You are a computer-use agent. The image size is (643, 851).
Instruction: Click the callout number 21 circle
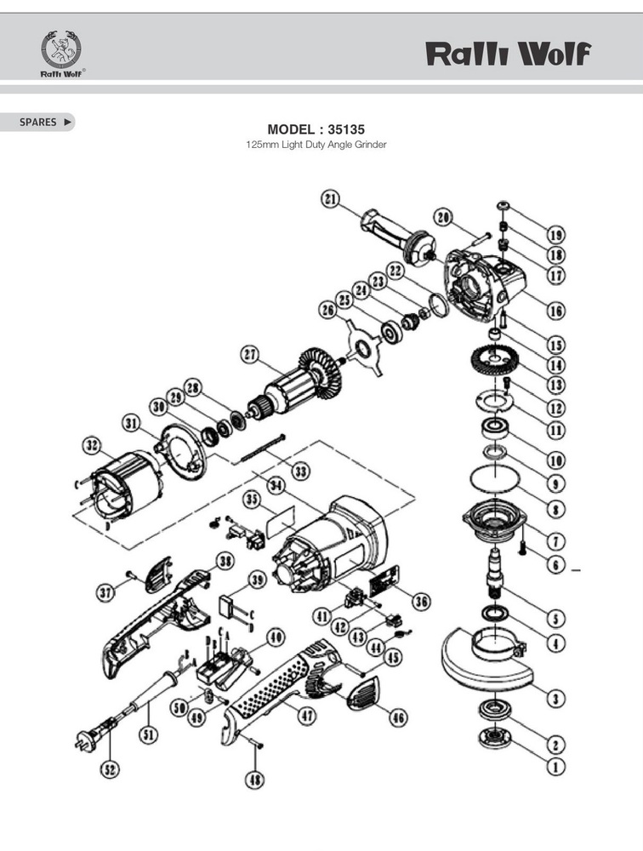pos(331,199)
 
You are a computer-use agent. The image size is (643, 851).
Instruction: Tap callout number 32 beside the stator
pos(91,445)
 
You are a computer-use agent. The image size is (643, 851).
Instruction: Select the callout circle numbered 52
pos(111,769)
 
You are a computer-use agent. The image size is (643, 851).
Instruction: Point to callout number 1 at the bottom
pos(555,766)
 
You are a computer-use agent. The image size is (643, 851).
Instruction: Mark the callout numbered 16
pos(555,311)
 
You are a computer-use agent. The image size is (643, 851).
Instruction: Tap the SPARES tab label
pos(38,122)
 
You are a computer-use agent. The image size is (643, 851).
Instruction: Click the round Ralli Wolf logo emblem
pos(60,53)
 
